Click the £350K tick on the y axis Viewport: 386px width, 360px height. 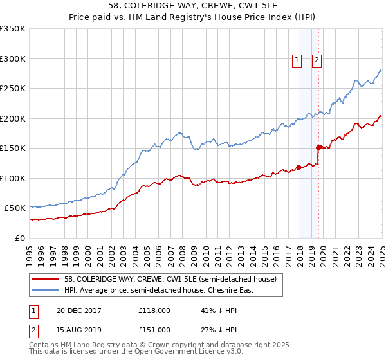click(13, 29)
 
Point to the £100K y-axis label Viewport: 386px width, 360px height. click(13, 178)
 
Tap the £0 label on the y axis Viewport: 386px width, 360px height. click(21, 238)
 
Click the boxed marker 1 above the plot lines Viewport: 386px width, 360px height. click(297, 61)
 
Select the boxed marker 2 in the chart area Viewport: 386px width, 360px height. click(318, 61)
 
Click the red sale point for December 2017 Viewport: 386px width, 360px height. click(299, 168)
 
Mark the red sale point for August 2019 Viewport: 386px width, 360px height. click(318, 147)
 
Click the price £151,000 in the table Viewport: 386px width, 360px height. click(154, 330)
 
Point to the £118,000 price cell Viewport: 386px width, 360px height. click(154, 310)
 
